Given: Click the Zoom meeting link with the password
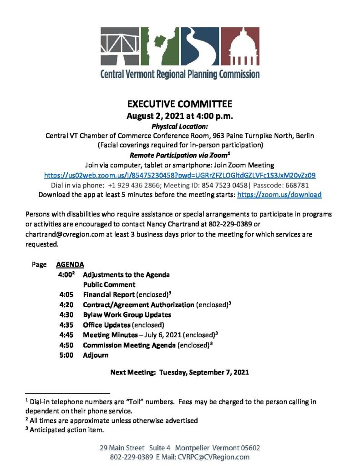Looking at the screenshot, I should click(x=180, y=175).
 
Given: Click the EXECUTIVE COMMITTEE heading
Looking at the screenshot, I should click(x=180, y=104).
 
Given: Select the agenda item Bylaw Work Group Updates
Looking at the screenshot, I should click(x=127, y=314).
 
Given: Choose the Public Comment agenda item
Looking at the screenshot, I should click(x=109, y=284).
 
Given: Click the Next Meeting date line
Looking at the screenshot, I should click(x=180, y=372).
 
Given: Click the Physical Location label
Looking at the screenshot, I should click(x=180, y=126).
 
